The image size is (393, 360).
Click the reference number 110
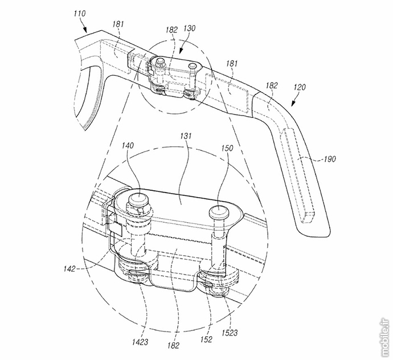coord(80,14)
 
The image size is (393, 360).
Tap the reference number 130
coord(189,28)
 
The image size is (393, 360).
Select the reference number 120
coord(300,87)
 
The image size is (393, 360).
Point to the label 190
coord(329,159)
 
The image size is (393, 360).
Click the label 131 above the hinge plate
coord(186,136)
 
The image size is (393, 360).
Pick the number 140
coord(128,145)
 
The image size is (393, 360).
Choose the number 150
coord(227,148)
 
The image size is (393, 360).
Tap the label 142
coord(69,269)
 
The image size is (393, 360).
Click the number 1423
coord(140,342)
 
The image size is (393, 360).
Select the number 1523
coord(230,333)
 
